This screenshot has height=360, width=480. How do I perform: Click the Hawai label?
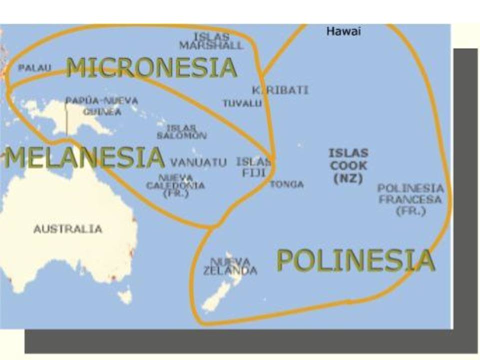343,31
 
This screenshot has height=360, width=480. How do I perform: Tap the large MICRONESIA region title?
151,67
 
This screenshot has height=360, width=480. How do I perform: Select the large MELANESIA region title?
84,157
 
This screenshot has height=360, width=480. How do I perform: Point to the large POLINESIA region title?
355,260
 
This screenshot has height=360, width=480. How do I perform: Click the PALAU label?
34,68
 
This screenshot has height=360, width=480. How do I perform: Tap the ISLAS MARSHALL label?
211,41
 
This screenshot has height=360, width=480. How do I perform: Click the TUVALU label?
242,103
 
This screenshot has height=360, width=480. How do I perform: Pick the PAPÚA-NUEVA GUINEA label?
101,106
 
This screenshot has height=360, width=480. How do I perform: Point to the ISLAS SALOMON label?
181,132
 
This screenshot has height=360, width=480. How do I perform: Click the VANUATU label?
198,162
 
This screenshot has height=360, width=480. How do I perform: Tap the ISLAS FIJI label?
253,167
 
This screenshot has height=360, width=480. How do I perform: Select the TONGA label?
286,184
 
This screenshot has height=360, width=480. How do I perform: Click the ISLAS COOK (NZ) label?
348,165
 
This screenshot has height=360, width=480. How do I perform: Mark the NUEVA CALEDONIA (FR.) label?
175,185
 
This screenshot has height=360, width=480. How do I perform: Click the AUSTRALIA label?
68,229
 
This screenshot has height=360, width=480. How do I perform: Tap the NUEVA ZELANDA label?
230,266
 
